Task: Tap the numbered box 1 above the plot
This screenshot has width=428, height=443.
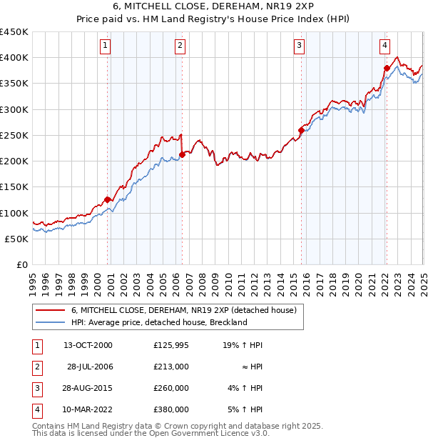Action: pos(105,46)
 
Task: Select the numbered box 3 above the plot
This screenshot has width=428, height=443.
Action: pos(299,46)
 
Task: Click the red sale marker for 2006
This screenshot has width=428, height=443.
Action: pos(182,154)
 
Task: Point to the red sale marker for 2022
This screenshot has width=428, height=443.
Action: pos(386,69)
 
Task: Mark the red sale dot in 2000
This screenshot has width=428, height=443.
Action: pos(108,199)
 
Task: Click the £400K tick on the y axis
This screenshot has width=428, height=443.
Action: pos(14,58)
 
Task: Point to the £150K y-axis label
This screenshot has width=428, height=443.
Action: pos(14,187)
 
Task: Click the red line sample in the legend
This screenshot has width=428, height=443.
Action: pos(50,311)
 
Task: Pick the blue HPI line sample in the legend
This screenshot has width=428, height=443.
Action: pos(50,322)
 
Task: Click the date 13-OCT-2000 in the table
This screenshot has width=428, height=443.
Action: pos(88,345)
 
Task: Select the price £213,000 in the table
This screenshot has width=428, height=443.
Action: pos(170,367)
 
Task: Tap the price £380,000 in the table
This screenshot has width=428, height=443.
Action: pos(170,409)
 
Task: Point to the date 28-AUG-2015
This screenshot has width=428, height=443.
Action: pos(88,388)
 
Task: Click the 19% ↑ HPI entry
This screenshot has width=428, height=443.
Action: pos(243,345)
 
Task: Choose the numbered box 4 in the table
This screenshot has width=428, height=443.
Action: pos(36,409)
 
